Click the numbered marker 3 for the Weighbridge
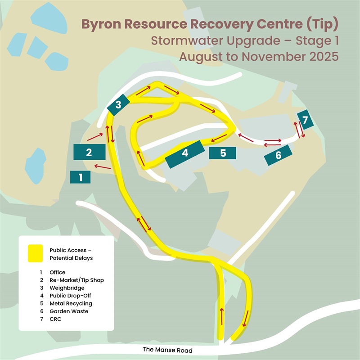[118, 105]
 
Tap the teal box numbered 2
[89, 152]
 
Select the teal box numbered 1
[81, 177]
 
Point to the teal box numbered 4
[184, 153]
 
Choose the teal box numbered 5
[223, 153]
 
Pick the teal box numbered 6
[278, 156]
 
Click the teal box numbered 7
[305, 120]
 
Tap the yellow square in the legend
[35, 253]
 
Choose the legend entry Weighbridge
[66, 288]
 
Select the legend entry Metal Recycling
[71, 304]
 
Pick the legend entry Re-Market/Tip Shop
[77, 280]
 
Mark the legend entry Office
[58, 272]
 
